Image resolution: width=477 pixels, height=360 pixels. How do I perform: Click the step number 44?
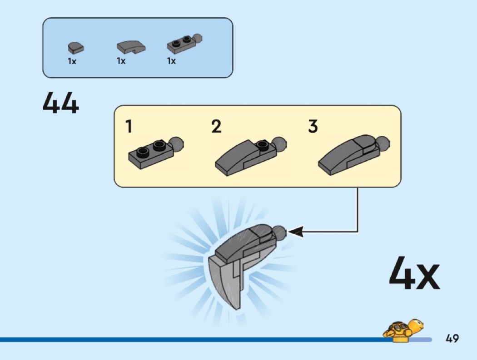click(x=61, y=104)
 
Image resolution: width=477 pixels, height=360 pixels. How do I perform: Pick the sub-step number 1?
click(x=129, y=126)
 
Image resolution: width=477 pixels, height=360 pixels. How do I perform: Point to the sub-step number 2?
click(x=216, y=126)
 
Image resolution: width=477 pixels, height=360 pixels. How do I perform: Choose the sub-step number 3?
click(x=313, y=126)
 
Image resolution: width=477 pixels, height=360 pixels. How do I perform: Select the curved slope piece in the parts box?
click(x=131, y=46)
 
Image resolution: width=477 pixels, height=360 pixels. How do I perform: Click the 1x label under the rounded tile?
click(x=72, y=61)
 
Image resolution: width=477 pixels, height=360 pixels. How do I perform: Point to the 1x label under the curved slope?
click(x=121, y=61)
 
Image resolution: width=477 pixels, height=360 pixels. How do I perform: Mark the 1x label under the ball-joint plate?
click(x=171, y=61)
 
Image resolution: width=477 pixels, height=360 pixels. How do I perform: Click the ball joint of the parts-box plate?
click(x=197, y=39)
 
